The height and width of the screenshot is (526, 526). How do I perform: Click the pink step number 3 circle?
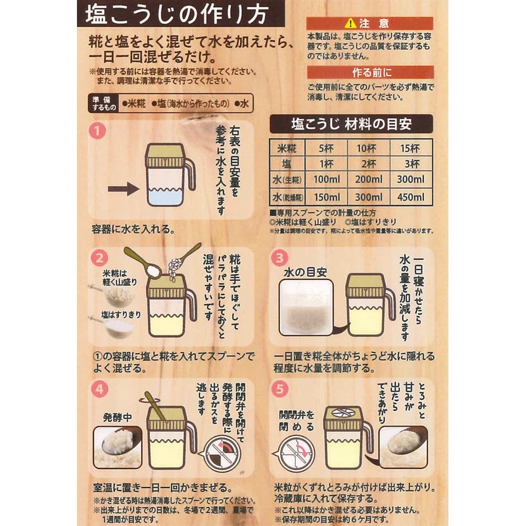(279, 258)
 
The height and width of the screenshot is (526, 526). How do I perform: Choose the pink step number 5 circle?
(279, 388)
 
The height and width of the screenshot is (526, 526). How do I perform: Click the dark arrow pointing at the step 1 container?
(123, 189)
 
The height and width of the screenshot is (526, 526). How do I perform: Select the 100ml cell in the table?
(326, 179)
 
